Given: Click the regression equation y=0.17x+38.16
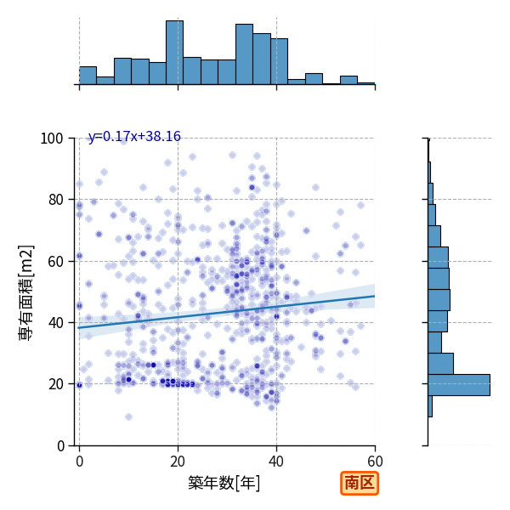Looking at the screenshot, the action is pyautogui.click(x=134, y=137).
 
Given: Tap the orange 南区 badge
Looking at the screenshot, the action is pyautogui.click(x=360, y=483).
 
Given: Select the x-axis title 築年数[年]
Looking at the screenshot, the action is pyautogui.click(x=224, y=483).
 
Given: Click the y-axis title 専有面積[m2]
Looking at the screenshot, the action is pyautogui.click(x=26, y=292).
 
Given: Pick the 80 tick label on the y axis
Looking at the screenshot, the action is pyautogui.click(x=55, y=200).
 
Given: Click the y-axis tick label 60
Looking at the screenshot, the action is pyautogui.click(x=55, y=261).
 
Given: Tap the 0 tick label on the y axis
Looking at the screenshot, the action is pyautogui.click(x=60, y=445).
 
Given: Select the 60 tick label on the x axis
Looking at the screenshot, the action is pyautogui.click(x=376, y=462).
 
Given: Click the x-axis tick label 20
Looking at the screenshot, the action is pyautogui.click(x=178, y=462).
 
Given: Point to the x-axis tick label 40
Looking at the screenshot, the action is pyautogui.click(x=276, y=462).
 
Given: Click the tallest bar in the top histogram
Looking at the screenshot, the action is pyautogui.click(x=174, y=53).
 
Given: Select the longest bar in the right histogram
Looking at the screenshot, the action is pyautogui.click(x=459, y=385).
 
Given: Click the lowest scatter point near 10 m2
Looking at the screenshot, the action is pyautogui.click(x=129, y=417).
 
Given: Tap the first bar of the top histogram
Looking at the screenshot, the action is pyautogui.click(x=88, y=76).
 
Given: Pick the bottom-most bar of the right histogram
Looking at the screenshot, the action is pyautogui.click(x=430, y=406).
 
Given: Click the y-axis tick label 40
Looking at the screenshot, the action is pyautogui.click(x=55, y=323).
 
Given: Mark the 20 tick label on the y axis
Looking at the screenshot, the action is pyautogui.click(x=55, y=384).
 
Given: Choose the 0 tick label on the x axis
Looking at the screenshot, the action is pyautogui.click(x=80, y=462).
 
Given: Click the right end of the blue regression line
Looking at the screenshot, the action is pyautogui.click(x=375, y=296).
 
